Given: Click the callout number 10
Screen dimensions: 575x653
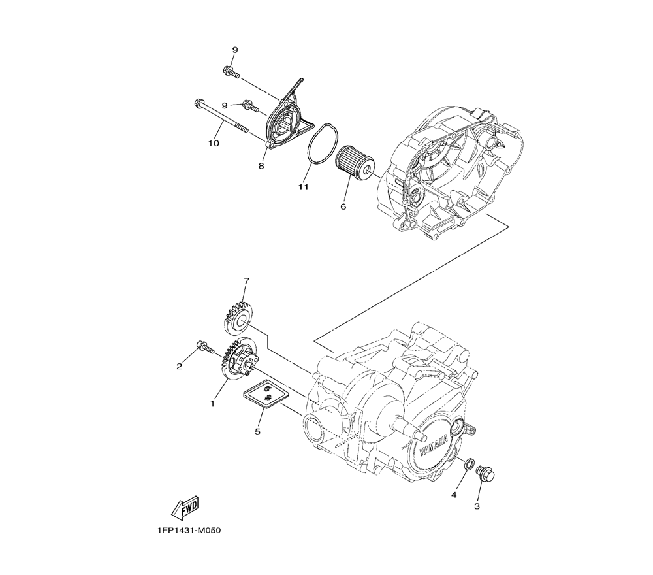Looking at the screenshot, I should click(x=214, y=143).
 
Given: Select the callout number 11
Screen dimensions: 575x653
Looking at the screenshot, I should click(x=302, y=188).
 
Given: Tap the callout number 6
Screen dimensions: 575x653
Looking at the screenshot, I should click(x=343, y=206).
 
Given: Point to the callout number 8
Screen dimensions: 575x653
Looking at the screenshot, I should click(x=261, y=166).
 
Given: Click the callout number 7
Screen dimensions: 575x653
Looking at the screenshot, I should click(x=246, y=280).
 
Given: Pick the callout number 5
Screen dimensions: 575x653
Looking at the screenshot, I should click(x=257, y=431).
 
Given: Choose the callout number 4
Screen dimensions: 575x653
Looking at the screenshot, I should click(x=453, y=495).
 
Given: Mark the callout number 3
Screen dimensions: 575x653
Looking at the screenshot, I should click(x=477, y=506).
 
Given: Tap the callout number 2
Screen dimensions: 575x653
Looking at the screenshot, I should click(x=180, y=366).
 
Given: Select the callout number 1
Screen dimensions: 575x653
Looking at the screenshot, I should click(x=212, y=404).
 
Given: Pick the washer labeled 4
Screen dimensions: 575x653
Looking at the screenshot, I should click(x=468, y=463).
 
